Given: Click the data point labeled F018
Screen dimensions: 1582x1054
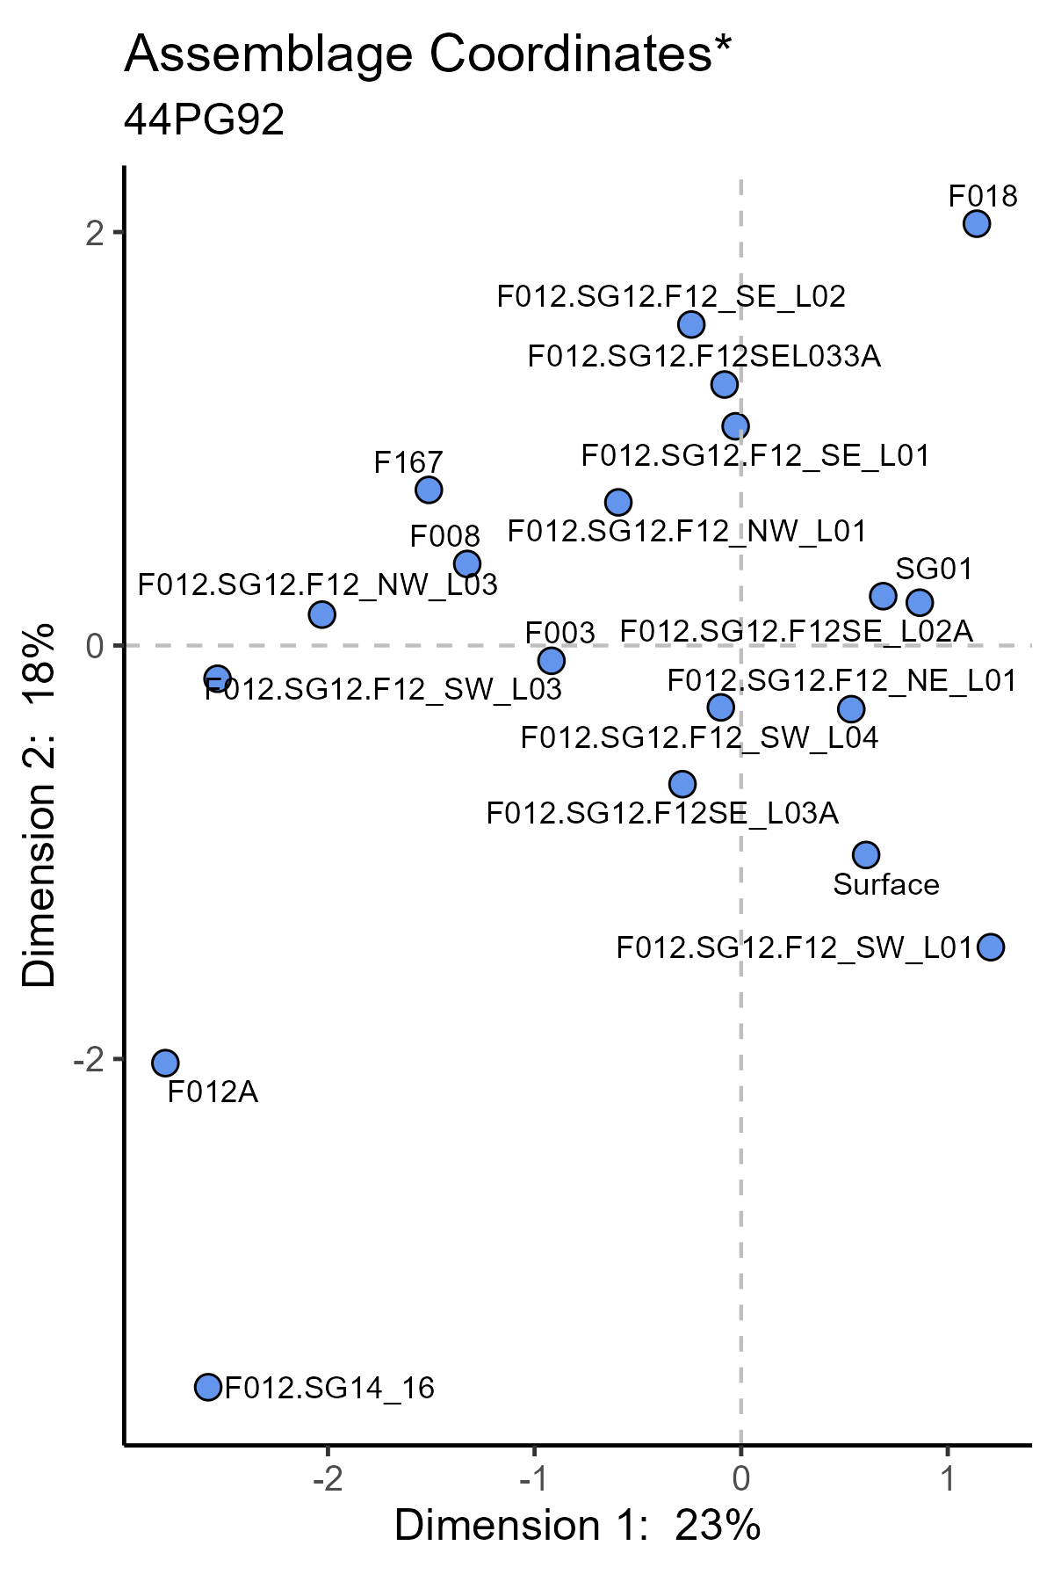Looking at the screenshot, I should point(977,224).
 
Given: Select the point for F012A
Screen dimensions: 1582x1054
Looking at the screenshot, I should point(165,1063).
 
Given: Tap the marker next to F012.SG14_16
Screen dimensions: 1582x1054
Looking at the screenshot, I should point(208,1387).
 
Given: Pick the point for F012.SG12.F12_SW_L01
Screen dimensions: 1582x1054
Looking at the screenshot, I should point(991,947).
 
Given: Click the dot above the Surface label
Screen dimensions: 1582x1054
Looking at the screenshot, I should point(866,854).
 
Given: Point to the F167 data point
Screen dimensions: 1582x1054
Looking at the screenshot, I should point(429,490).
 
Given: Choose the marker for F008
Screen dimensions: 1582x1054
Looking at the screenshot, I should point(467,563).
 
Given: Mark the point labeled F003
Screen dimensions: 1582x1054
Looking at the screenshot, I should point(551,660).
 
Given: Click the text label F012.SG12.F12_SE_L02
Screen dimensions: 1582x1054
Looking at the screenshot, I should point(671,297).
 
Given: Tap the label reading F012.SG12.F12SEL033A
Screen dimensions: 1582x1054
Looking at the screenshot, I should point(704,357).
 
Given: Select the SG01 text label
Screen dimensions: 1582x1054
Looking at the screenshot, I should point(934,570).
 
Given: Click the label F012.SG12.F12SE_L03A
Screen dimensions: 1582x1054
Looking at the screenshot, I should point(662,814).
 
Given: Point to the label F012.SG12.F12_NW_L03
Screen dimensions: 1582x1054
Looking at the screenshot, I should point(318,584).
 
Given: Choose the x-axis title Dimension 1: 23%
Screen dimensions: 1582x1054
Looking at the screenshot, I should point(577,1527).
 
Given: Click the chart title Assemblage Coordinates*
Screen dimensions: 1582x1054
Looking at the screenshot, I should point(428,54).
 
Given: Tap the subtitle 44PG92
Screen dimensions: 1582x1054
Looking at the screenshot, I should point(205,120).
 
